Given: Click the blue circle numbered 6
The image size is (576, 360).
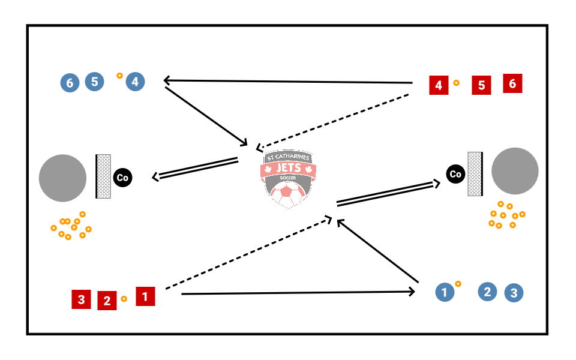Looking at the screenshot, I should pyautogui.click(x=70, y=83).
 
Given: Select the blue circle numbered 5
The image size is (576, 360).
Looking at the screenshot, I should pyautogui.click(x=94, y=82).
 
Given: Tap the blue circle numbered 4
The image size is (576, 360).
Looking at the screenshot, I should pyautogui.click(x=135, y=82).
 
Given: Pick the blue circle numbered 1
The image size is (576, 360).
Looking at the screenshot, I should pyautogui.click(x=444, y=293).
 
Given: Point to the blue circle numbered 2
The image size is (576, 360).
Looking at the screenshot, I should pyautogui.click(x=487, y=292).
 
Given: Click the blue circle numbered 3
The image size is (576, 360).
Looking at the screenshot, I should pyautogui.click(x=514, y=293).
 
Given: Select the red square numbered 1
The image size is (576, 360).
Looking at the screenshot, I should pyautogui.click(x=145, y=296).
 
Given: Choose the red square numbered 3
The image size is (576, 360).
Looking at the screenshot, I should pyautogui.click(x=81, y=299).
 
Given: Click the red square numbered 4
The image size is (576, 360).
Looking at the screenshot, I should pyautogui.click(x=439, y=86).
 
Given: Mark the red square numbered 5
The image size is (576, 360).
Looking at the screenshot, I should pyautogui.click(x=481, y=86).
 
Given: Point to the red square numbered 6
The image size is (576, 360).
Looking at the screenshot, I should pyautogui.click(x=512, y=83).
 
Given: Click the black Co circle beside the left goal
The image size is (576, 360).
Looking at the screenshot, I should pyautogui.click(x=122, y=178).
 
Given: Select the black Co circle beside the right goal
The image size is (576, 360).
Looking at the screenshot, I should pyautogui.click(x=455, y=175).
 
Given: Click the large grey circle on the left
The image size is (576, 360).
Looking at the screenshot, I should pyautogui.click(x=62, y=178).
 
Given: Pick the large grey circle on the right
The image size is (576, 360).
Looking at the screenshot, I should pyautogui.click(x=515, y=170).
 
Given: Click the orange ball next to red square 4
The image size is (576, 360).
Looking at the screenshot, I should pyautogui.click(x=456, y=83).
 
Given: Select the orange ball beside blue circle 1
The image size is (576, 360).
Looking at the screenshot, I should pyautogui.click(x=457, y=283).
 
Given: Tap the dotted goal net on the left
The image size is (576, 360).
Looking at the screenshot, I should pyautogui.click(x=103, y=176).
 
